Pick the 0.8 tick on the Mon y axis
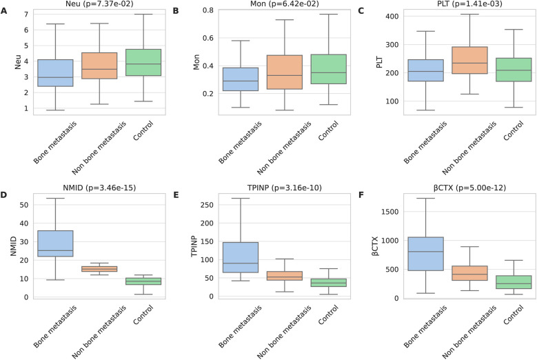[204, 11]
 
